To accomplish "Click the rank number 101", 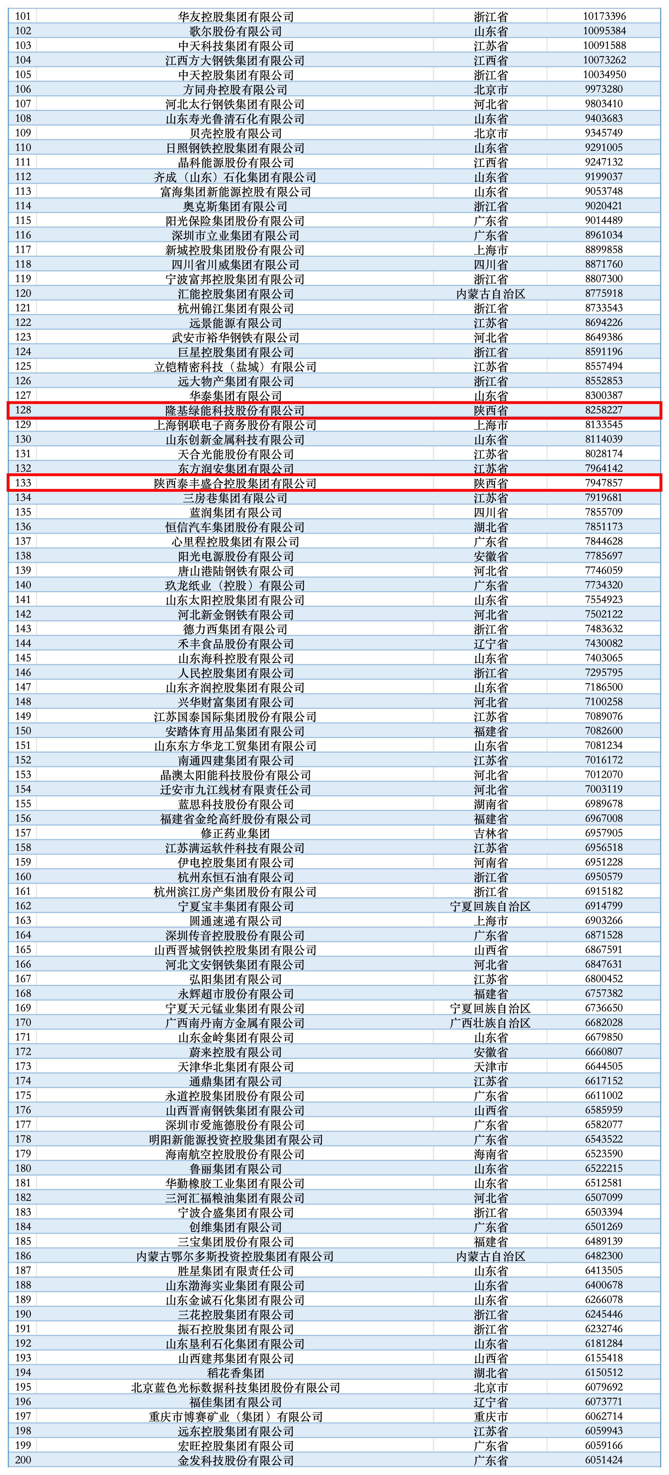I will point(23,16).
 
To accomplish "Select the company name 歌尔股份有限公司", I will point(236,31).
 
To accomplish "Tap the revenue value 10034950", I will point(604,74).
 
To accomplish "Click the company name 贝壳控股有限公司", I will point(236,133).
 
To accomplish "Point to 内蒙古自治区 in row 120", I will point(490,294).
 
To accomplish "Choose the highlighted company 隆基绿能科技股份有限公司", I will point(236,410).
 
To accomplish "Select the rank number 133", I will point(23,483).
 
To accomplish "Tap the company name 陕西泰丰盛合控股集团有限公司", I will point(236,483).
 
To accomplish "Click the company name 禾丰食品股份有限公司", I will point(236,643).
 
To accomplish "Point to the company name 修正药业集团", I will point(236,833).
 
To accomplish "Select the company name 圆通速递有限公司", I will point(236,920).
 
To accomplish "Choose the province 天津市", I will point(490,1066).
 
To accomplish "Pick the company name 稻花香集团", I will point(236,1372).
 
